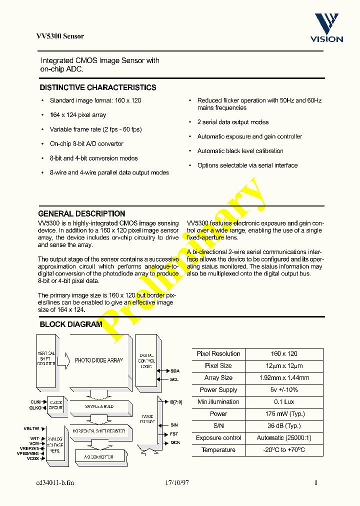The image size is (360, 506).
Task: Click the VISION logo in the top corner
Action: (x=326, y=28)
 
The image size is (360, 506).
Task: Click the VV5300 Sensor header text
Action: (x=60, y=36)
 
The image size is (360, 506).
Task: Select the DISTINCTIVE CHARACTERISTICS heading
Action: (x=97, y=87)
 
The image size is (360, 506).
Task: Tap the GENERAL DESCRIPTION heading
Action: (x=81, y=213)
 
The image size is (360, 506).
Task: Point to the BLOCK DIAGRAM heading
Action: (x=70, y=324)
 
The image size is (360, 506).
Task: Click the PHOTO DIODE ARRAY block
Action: (x=98, y=360)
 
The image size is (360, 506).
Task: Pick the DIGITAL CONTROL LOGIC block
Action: (x=146, y=360)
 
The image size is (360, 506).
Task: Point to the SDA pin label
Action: (x=175, y=371)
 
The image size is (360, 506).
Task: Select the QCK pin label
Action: (x=175, y=442)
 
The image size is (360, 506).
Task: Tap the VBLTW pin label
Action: (x=31, y=428)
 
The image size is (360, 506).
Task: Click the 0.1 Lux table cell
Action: (x=283, y=402)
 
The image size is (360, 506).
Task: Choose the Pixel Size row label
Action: (x=218, y=366)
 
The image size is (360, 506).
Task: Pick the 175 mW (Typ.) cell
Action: (x=283, y=414)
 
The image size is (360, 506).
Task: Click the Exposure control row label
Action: (x=218, y=438)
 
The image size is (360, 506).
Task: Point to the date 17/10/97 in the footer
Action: (x=178, y=483)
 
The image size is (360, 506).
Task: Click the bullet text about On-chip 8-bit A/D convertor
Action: (x=86, y=144)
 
